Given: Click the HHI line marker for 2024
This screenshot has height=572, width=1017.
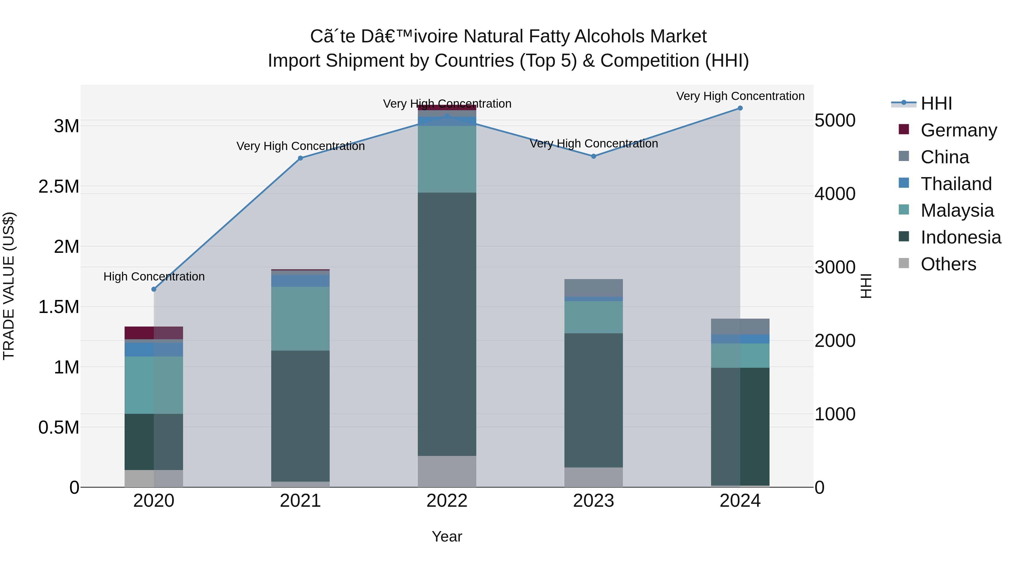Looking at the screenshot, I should (740, 108).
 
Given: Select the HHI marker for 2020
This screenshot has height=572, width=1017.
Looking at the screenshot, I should (154, 289).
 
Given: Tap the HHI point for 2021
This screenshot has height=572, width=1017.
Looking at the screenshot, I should (301, 158).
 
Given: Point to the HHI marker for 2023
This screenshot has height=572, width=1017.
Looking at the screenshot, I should (593, 156).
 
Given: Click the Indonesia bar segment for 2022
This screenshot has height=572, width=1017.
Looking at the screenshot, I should (447, 324).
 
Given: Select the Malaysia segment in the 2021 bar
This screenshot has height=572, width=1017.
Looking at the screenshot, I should (301, 319).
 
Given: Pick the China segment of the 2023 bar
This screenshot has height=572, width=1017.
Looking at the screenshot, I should (593, 288).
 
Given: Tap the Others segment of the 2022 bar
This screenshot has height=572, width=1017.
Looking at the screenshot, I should (447, 471).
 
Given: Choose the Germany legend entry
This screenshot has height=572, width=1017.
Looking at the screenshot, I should (958, 130).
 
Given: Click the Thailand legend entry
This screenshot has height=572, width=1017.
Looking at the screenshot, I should (956, 184).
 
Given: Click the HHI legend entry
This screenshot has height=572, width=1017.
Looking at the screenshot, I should (936, 103).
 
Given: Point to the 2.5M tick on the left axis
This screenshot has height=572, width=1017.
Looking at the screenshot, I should (59, 187).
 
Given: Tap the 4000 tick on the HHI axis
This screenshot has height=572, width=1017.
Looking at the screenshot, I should (835, 194).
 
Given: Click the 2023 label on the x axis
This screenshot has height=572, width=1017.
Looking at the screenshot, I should (593, 501).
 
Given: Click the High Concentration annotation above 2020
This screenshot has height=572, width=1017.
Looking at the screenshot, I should (154, 277).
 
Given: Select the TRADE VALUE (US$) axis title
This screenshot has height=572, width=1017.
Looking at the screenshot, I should (9, 286).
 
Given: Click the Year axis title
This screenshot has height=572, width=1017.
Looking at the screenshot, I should (447, 536).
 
